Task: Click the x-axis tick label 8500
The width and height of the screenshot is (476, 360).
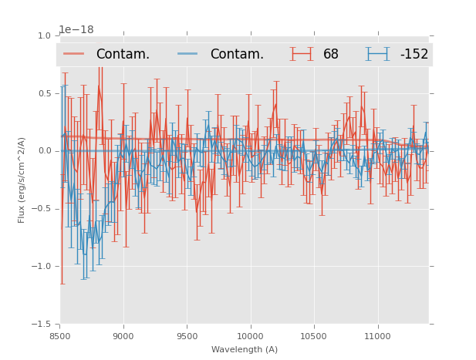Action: pos(60,336)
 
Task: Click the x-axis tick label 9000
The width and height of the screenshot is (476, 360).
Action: pos(123,336)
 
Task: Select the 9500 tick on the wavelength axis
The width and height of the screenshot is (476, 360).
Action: pos(187,336)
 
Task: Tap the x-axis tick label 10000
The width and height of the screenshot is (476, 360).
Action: pos(250,336)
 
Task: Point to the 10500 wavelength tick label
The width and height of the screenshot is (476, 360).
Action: pos(314,336)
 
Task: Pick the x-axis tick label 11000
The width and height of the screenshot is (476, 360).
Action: pos(377,336)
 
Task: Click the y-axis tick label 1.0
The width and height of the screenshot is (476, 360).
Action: pos(44,36)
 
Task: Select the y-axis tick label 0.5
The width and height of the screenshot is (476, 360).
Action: pos(44,94)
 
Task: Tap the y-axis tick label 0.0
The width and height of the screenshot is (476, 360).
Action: pos(44,151)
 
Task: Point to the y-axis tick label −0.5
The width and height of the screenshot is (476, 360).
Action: pos(42,209)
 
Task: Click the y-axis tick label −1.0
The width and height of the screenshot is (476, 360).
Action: pos(42,267)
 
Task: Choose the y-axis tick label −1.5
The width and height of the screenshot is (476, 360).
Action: pos(42,325)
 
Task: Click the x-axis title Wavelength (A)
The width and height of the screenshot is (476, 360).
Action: pos(245,349)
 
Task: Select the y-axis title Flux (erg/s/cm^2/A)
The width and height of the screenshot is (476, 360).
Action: pos(22,180)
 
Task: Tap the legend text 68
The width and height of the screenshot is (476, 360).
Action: pos(331,55)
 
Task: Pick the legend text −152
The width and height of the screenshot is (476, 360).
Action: pos(414,55)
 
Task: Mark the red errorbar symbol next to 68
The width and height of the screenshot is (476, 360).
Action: pos(302,54)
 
